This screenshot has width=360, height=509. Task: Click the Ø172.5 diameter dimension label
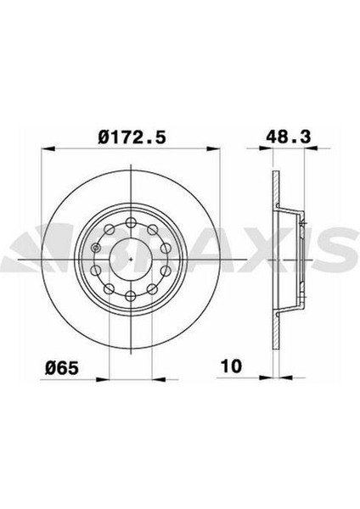pyautogui.click(x=132, y=137)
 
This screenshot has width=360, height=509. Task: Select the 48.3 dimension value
pyautogui.click(x=288, y=137)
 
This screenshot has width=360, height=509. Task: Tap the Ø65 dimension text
pyautogui.click(x=62, y=368)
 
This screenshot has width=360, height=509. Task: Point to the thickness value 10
pyautogui.click(x=231, y=366)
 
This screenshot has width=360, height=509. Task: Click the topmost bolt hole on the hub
pyautogui.click(x=131, y=222)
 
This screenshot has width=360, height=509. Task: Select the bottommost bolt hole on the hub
pyautogui.click(x=131, y=295)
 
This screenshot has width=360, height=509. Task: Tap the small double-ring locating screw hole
pyautogui.click(x=96, y=248)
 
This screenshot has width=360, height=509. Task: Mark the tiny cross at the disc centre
pyautogui.click(x=131, y=259)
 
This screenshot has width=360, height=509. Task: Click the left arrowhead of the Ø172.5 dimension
pyautogui.click(x=48, y=148)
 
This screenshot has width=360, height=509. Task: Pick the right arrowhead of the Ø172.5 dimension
pyautogui.click(x=213, y=148)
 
